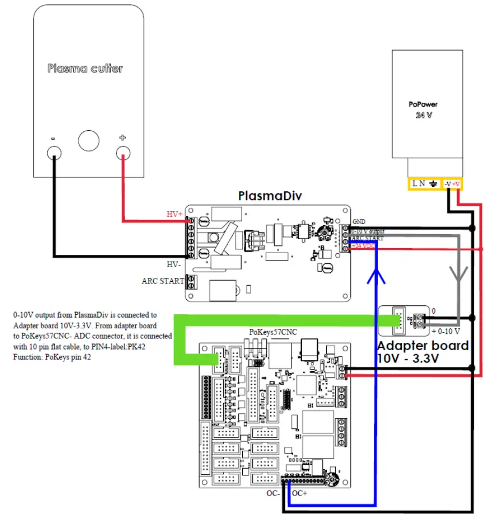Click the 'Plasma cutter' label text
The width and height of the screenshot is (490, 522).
pyautogui.click(x=85, y=68)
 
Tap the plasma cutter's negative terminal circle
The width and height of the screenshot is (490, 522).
pyautogui.click(x=54, y=152)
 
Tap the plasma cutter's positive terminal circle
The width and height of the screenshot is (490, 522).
pyautogui.click(x=123, y=152)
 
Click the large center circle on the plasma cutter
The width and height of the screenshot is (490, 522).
pyautogui.click(x=89, y=140)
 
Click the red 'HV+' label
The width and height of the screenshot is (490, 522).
pyautogui.click(x=174, y=214)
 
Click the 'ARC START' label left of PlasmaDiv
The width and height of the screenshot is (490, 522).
pyautogui.click(x=162, y=281)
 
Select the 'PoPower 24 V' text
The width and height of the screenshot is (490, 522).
pyautogui.click(x=423, y=109)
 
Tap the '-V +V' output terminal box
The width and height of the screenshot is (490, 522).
pyautogui.click(x=451, y=184)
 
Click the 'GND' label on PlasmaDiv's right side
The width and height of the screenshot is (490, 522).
pyautogui.click(x=359, y=222)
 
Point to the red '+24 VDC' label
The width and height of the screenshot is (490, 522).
pyautogui.click(x=363, y=246)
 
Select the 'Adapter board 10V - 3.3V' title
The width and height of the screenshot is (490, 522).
pyautogui.click(x=422, y=352)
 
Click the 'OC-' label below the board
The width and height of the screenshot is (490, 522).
pyautogui.click(x=273, y=494)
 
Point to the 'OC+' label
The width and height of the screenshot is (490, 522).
pyautogui.click(x=300, y=494)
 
